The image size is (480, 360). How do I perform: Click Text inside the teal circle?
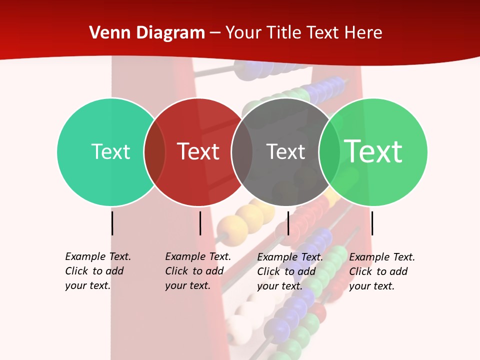(x=110, y=151)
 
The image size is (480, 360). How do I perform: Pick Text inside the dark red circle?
(x=198, y=151)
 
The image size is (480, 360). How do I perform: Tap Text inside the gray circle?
(x=285, y=151)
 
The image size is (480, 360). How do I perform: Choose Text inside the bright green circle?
(x=373, y=151)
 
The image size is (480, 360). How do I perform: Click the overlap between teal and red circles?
(x=154, y=152)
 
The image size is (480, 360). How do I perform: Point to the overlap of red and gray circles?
(x=242, y=152)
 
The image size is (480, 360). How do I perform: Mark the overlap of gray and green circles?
(x=329, y=152)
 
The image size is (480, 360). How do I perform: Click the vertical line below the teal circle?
(x=112, y=223)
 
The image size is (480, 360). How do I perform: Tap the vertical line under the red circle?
(x=200, y=223)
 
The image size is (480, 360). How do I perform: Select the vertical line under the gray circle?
(x=288, y=223)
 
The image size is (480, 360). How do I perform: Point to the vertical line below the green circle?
(x=372, y=223)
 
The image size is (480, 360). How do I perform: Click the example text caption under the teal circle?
(x=97, y=271)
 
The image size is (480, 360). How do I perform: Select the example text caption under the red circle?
(x=197, y=271)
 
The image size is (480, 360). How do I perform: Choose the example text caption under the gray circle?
(x=289, y=271)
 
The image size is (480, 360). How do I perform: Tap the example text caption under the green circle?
(x=381, y=271)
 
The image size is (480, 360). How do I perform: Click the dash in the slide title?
(x=215, y=33)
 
